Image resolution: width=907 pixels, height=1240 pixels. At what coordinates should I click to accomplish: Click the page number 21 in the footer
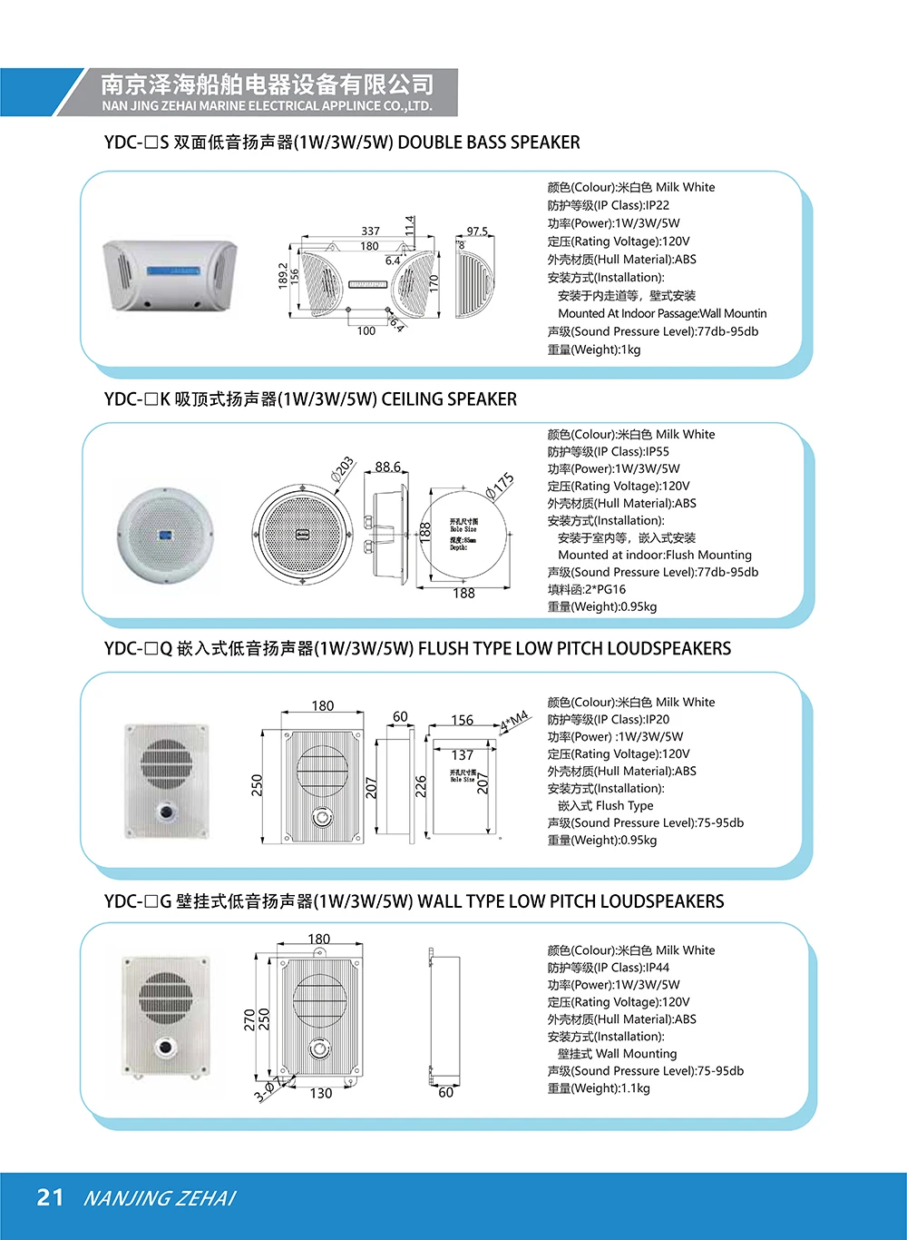click(x=50, y=1197)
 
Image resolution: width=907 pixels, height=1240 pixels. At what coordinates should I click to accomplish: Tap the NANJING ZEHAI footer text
click(x=159, y=1198)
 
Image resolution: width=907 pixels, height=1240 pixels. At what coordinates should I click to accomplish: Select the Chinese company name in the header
click(x=267, y=85)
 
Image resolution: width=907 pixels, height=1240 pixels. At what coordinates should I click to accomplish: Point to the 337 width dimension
click(x=370, y=231)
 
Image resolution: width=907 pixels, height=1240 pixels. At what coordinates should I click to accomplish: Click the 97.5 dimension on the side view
click(x=477, y=231)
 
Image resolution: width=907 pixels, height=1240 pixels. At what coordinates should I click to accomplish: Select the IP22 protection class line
click(x=608, y=205)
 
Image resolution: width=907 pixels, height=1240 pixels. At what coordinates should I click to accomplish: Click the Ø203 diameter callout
click(x=343, y=467)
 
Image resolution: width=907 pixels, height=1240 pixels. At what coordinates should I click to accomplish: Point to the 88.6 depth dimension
click(x=387, y=467)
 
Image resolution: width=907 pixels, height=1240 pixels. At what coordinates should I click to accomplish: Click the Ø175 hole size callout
click(x=500, y=486)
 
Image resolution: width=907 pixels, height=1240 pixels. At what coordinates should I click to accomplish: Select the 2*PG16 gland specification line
click(x=586, y=589)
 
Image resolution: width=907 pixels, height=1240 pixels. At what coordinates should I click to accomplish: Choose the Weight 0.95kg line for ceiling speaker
click(x=601, y=606)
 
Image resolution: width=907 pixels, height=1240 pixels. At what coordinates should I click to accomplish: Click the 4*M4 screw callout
click(x=514, y=723)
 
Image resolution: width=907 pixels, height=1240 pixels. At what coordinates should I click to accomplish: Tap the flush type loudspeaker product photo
click(x=167, y=780)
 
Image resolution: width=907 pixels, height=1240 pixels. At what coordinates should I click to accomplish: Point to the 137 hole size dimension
click(x=463, y=755)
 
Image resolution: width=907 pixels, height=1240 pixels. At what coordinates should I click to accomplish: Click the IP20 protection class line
click(x=608, y=719)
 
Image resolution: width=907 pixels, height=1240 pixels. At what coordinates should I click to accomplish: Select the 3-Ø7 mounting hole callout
click(x=268, y=1089)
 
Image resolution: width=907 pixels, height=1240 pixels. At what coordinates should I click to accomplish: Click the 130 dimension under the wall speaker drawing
click(x=321, y=1094)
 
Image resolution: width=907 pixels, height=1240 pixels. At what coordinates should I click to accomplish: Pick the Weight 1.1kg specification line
click(x=598, y=1088)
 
